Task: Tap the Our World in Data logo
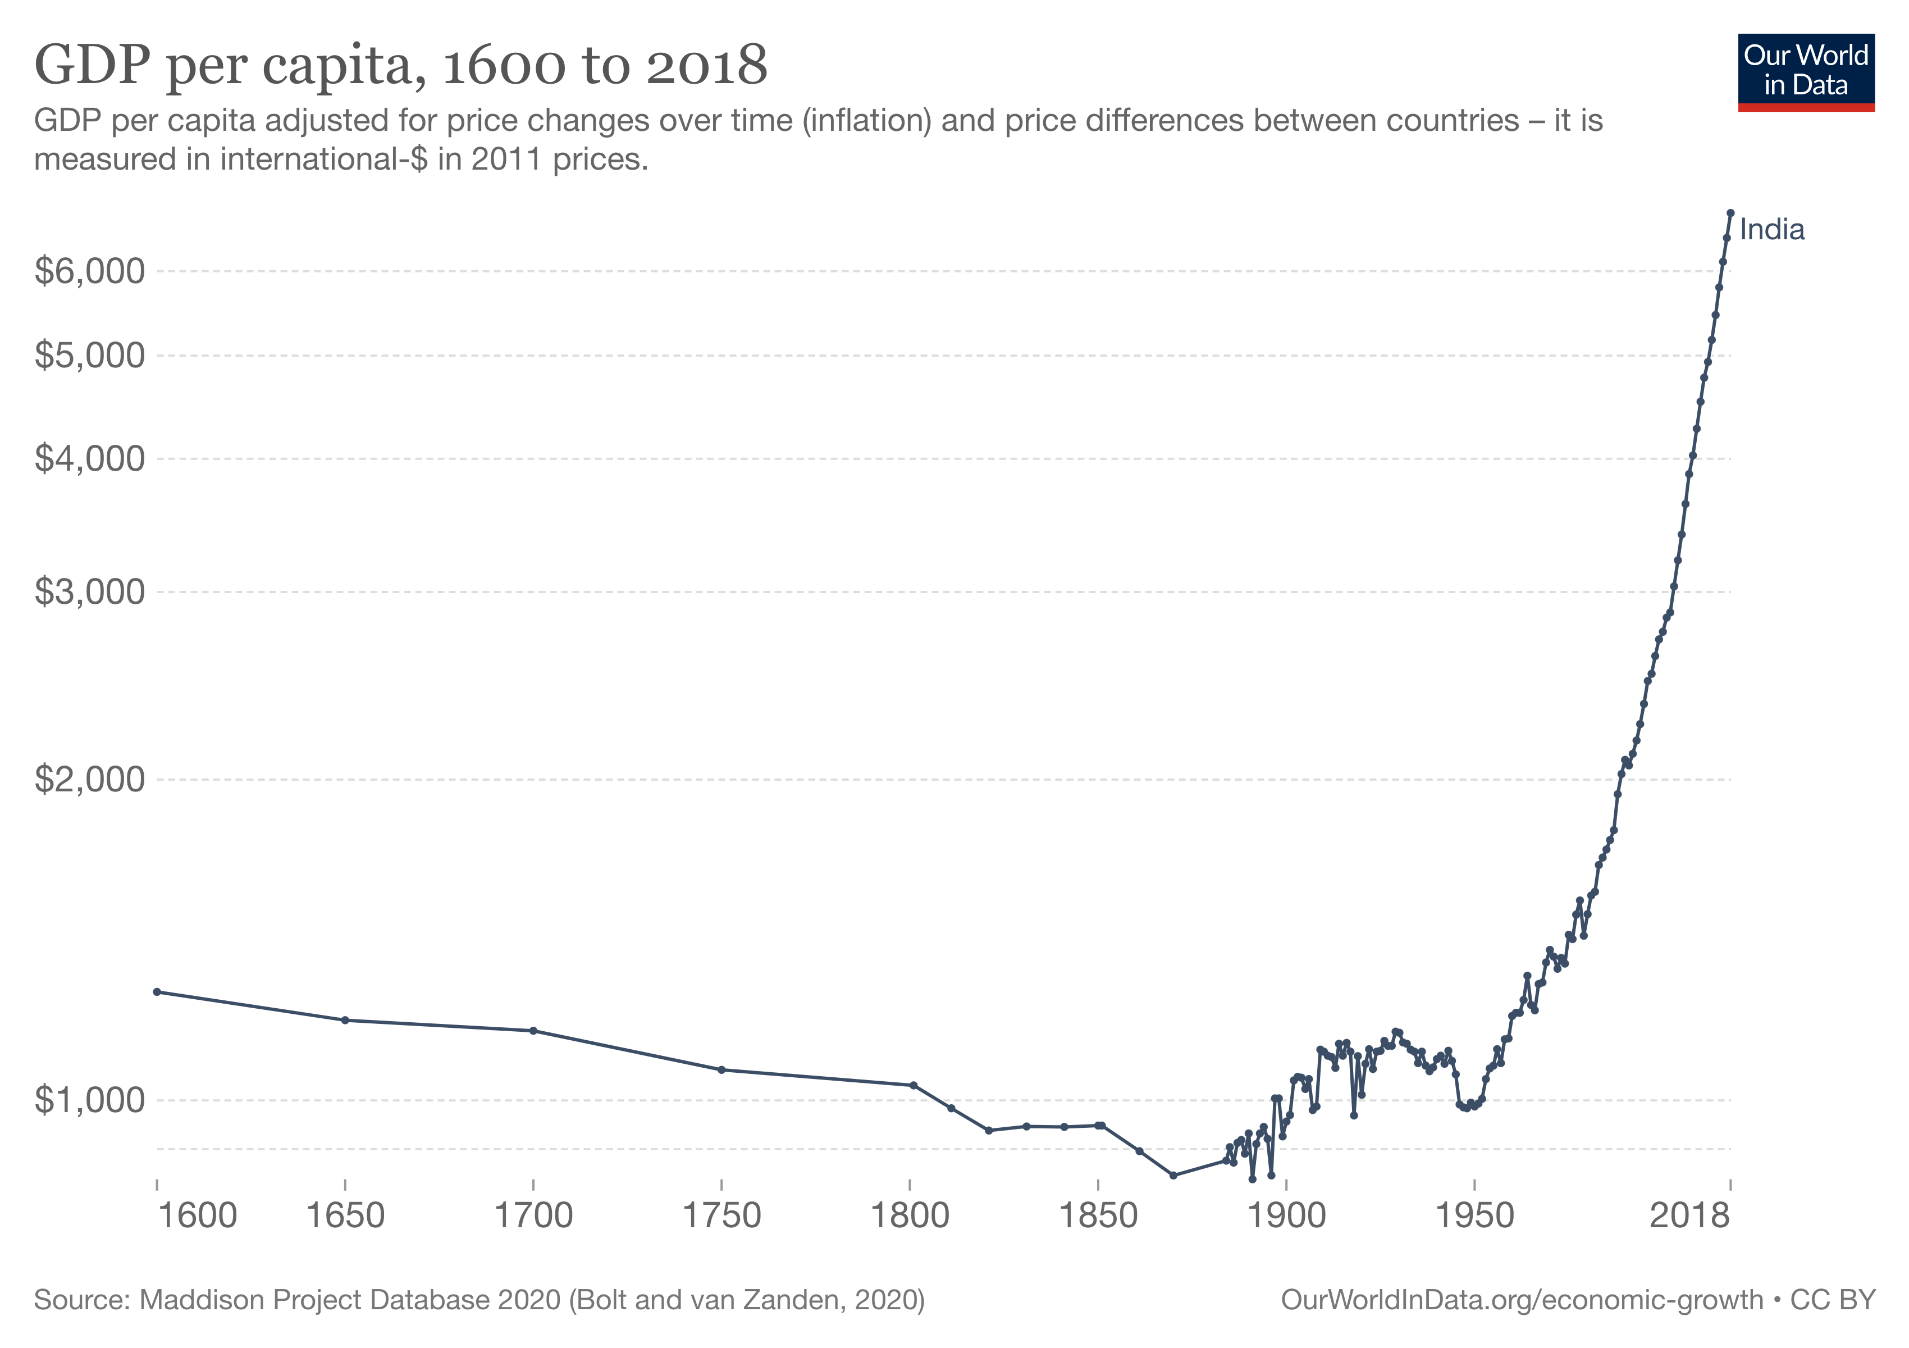1805,71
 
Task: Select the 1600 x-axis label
197,1216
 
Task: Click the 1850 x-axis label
1098,1216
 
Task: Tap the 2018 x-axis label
1689,1216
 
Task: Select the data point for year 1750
721,1070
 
